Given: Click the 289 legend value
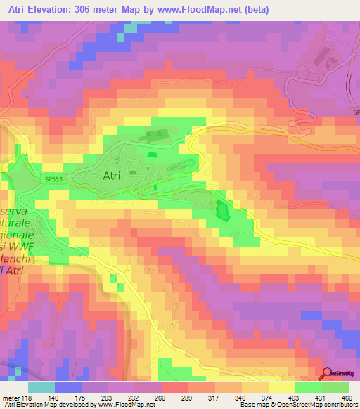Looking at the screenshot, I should point(188,397).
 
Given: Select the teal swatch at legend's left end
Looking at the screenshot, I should point(41,387).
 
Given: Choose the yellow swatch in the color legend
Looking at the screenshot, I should point(282,387).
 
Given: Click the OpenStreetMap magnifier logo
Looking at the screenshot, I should point(327,374).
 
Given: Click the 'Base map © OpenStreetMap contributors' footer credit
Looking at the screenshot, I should point(297,405).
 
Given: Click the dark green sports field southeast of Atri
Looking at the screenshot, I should point(222,210).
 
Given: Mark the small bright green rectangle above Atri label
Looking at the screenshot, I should point(153,155).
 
